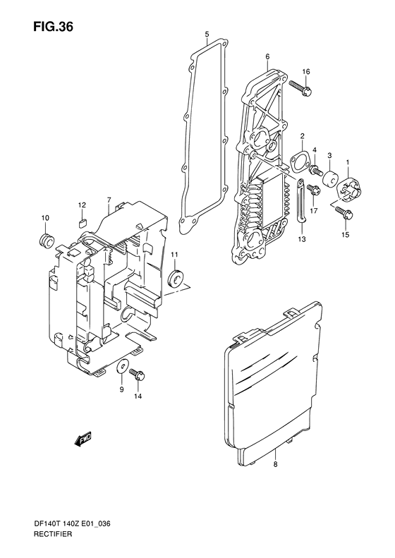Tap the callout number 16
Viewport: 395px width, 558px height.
point(306,72)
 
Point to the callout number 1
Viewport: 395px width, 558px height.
point(347,162)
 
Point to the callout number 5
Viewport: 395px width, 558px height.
point(207,35)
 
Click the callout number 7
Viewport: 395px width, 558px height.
point(109,200)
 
